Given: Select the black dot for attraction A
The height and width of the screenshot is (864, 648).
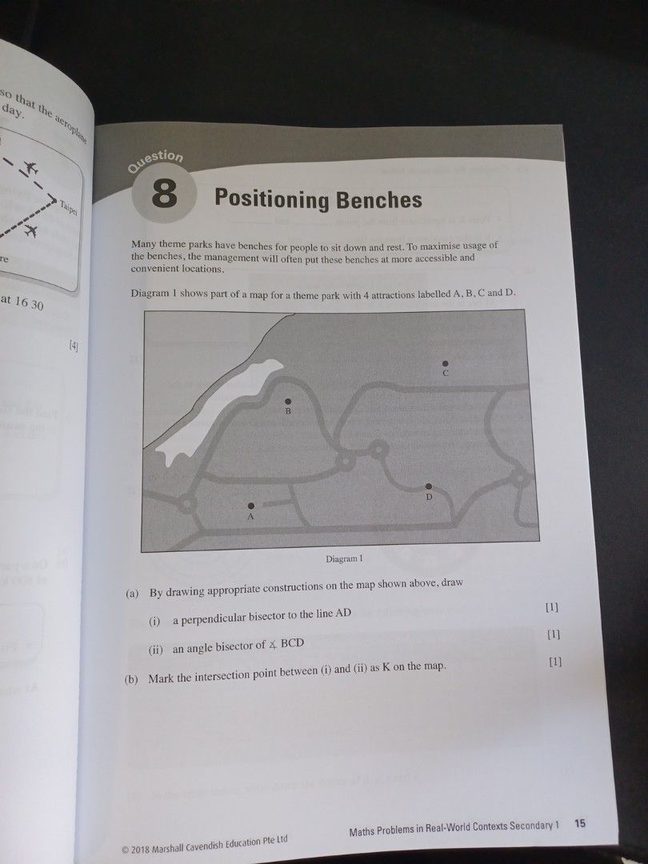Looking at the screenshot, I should point(251,505).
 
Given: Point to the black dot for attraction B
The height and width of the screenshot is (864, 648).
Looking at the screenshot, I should point(288,400).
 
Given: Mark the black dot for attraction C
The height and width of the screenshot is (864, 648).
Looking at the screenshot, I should point(446,363).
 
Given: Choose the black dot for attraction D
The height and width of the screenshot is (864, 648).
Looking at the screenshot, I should point(429,486).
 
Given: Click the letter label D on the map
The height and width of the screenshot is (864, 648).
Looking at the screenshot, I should point(429,498).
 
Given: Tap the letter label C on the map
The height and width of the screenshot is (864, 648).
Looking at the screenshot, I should point(446,374).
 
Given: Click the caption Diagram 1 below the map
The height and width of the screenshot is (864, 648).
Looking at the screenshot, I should point(345,558).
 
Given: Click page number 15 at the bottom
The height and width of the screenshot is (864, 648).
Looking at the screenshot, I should point(580,824).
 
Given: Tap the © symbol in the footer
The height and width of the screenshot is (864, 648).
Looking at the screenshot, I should point(124,849).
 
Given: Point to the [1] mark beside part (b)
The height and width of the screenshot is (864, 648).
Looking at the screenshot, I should point(555,662).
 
